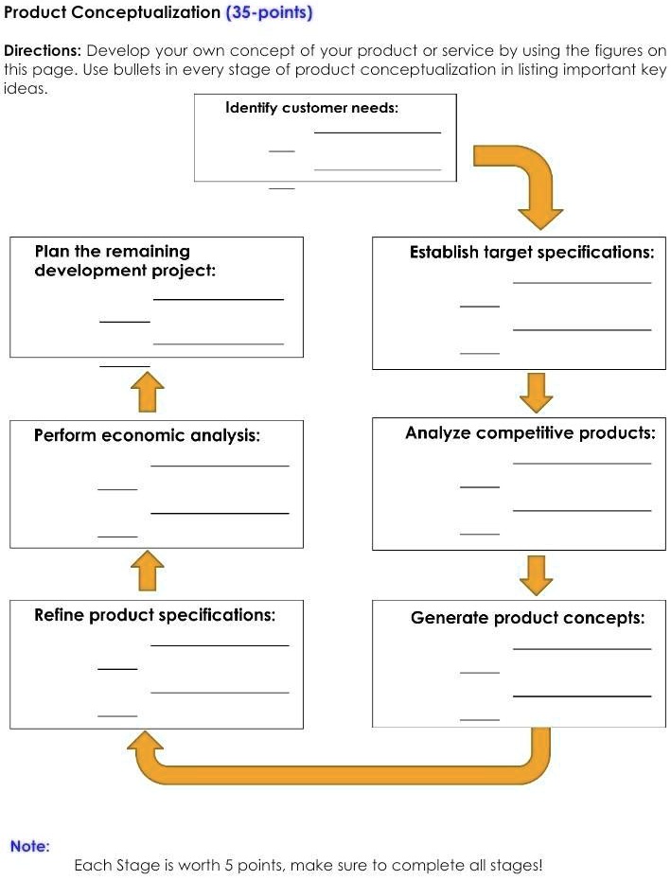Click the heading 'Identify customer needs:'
coord(311,108)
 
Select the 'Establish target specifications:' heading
coord(531,253)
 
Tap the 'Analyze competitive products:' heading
coord(530,433)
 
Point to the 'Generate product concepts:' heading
coord(527,618)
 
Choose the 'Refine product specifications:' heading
coord(155,615)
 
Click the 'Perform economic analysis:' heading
coord(147,435)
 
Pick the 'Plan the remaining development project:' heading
coord(125,261)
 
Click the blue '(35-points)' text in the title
coord(269,12)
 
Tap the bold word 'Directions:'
coord(43,50)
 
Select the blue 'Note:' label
coord(29,846)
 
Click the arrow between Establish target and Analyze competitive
coord(537,392)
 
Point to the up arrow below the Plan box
coord(146,391)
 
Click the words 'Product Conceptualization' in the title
coord(112,12)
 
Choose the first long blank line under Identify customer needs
coord(378,133)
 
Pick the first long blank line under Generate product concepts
coord(582,649)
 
